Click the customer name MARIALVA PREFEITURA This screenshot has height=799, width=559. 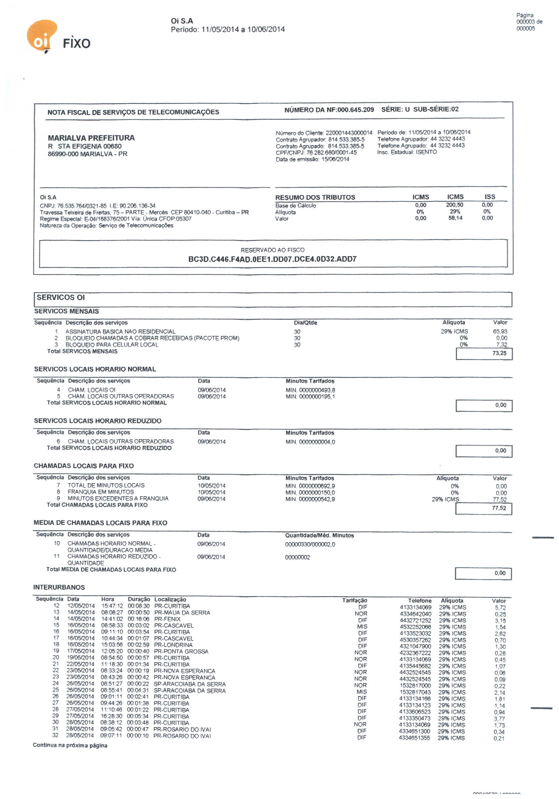coord(91,138)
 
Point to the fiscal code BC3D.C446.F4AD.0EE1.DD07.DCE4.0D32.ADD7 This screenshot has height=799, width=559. coord(272,259)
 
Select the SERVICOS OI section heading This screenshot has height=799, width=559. coord(61,298)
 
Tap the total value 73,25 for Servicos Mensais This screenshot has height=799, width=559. coord(499,353)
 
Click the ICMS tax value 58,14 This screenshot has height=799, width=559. coord(455,218)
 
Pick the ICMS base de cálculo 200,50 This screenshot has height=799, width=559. coord(455,205)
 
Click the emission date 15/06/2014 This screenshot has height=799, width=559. coord(335,159)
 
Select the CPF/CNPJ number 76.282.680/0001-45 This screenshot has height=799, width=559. coord(331,152)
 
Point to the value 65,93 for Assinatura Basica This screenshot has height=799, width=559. coord(499,331)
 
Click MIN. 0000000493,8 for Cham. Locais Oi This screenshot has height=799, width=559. coord(310,390)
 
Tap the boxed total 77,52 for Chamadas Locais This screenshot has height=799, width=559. coord(499,508)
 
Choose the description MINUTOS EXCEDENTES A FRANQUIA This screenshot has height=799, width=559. coord(118,499)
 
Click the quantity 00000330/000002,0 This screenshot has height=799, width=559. coord(310,545)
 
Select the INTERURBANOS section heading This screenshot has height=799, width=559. coord(59,587)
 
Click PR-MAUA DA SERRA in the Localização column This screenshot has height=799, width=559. coord(182,613)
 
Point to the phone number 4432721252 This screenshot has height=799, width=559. coord(415,620)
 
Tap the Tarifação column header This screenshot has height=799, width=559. coord(355,600)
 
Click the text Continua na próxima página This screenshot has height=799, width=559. coord(70,745)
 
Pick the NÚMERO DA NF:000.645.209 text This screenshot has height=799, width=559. coord(329,110)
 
